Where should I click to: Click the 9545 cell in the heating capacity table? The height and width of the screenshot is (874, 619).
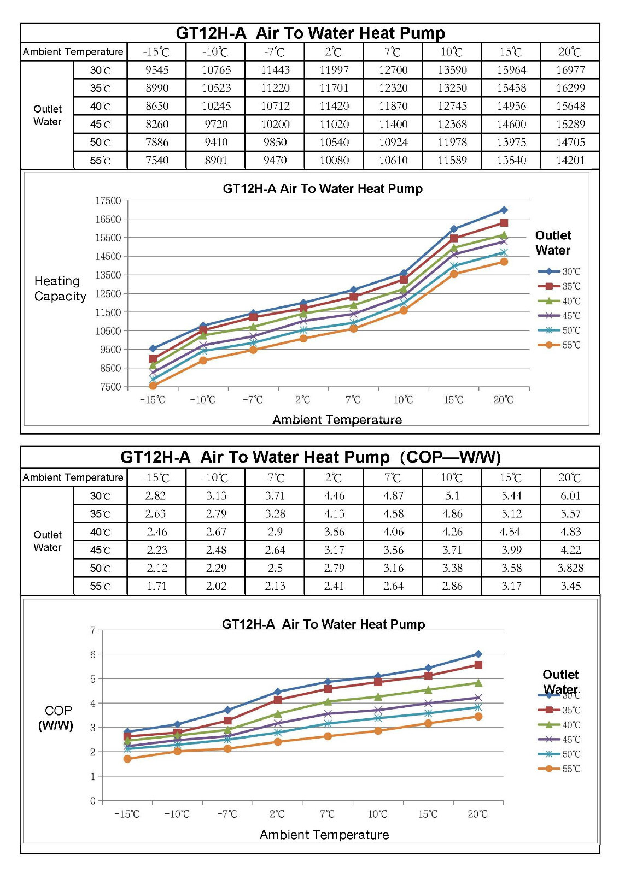[x=157, y=70]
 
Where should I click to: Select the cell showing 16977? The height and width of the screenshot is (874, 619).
[x=570, y=70]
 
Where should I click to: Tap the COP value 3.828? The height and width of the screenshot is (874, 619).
[x=570, y=568]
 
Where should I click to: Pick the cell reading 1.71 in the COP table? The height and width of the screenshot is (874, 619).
[x=157, y=586]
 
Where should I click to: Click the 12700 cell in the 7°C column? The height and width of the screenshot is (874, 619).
[x=393, y=70]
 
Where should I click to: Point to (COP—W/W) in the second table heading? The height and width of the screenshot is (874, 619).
[x=450, y=457]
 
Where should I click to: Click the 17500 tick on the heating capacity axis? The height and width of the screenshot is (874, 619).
[x=108, y=200]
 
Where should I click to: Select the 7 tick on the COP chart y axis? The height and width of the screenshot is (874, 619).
[x=93, y=630]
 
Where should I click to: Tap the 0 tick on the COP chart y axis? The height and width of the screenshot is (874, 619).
[x=93, y=801]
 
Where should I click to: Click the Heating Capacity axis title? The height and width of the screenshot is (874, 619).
[x=60, y=288]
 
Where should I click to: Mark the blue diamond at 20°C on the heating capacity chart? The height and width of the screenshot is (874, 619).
[x=504, y=210]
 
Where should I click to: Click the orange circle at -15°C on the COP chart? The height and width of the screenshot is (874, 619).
[x=127, y=759]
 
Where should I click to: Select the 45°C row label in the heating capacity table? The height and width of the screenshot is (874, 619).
[x=100, y=124]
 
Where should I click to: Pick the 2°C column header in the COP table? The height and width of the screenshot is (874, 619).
[x=334, y=478]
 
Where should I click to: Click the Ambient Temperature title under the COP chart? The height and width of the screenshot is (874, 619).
[x=324, y=835]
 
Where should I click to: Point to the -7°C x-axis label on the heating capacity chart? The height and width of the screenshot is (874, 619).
[x=253, y=400]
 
